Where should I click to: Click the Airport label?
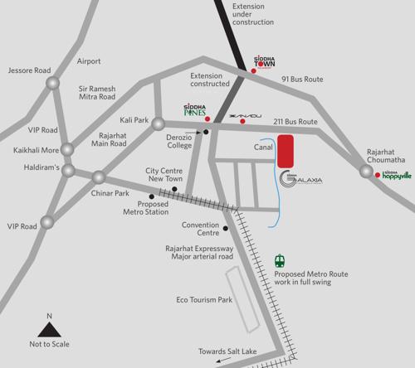coord(89,61)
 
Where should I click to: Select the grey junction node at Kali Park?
coord(157,124)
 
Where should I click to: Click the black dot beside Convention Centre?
coord(226,228)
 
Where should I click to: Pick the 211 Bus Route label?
coord(295,122)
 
